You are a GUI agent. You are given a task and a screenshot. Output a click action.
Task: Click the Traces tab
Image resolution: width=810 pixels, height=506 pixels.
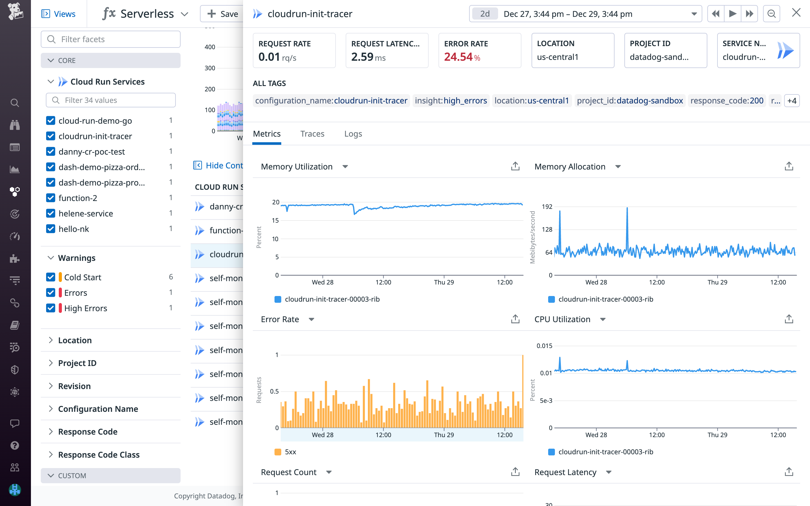312,134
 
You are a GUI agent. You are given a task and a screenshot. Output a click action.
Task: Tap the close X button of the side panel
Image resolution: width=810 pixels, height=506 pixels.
796,13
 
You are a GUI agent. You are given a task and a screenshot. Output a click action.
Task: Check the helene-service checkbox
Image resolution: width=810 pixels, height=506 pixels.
51,213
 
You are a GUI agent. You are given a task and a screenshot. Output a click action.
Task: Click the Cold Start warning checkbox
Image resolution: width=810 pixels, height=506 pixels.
51,277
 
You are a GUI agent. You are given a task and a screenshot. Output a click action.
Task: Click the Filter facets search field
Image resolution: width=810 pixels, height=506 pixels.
111,39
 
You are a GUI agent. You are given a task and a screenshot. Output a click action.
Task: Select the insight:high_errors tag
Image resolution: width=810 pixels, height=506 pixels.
451,100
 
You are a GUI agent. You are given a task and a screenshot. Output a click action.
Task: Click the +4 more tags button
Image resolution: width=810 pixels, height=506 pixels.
792,101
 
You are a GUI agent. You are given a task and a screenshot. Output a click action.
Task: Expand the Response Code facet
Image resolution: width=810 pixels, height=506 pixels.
87,432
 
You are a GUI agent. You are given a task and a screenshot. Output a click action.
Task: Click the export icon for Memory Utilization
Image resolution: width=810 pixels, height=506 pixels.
515,166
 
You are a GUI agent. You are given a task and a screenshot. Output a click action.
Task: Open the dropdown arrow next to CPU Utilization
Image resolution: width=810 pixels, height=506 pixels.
602,319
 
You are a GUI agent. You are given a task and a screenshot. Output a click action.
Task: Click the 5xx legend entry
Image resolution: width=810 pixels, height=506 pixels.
290,452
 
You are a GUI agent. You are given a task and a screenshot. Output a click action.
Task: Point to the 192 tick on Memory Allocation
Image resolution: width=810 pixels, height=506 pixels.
547,207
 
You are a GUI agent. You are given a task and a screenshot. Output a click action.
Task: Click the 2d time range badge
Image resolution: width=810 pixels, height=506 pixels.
484,14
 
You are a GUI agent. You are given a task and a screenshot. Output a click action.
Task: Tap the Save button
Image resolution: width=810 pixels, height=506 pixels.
222,14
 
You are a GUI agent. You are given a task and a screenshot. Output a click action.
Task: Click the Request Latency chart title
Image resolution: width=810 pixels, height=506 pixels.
565,472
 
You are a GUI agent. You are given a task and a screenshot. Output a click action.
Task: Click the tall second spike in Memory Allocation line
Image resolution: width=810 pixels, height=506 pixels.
627,209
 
